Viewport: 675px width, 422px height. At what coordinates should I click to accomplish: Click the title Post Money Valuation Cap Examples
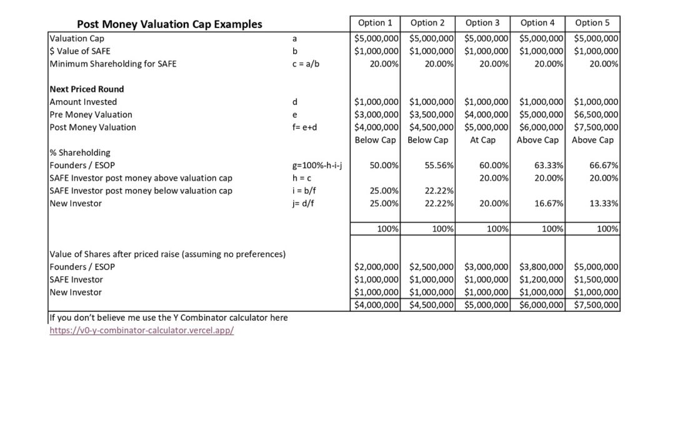(x=169, y=24)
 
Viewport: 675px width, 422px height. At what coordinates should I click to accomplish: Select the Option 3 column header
(x=482, y=23)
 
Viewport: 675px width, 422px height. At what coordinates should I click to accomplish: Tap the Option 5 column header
(x=592, y=23)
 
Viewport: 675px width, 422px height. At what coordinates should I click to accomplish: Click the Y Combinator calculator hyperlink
(x=142, y=331)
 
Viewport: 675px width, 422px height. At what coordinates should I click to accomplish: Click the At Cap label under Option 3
(x=482, y=140)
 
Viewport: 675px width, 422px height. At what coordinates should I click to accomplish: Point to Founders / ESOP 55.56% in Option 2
(x=439, y=165)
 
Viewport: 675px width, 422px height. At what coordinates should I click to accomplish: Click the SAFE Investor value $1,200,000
(x=541, y=279)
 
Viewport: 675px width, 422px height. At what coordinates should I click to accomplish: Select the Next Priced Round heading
(x=87, y=89)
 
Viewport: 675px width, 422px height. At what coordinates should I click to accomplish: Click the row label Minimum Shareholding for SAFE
(x=113, y=64)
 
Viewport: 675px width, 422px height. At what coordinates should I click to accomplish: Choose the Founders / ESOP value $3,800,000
(x=541, y=267)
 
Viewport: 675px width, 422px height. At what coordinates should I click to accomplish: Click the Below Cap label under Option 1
(x=375, y=140)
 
